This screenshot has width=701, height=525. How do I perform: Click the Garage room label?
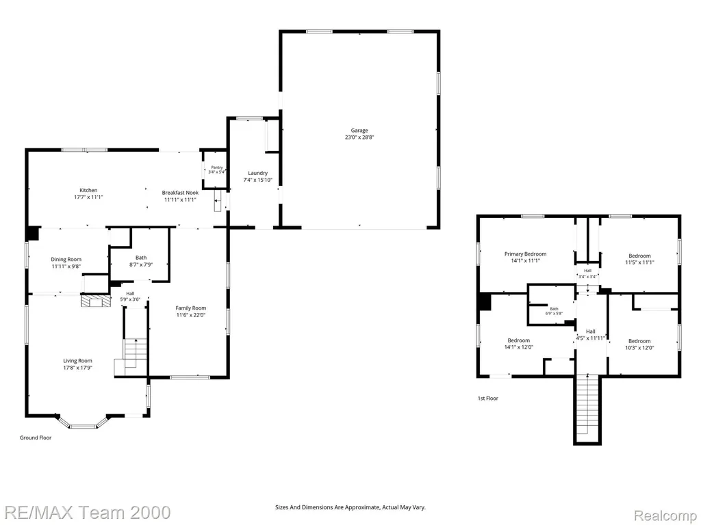pos(359,131)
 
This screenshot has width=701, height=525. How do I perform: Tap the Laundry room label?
pos(258,173)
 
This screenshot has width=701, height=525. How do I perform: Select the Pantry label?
pos(217,167)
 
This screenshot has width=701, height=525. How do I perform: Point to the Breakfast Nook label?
pos(180,192)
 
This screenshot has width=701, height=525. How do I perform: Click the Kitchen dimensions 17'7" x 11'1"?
pos(88,197)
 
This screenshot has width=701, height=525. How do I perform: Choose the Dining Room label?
pos(66,259)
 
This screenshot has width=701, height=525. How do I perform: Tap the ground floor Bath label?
pos(141,258)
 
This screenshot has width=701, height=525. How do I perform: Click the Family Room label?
pos(190,308)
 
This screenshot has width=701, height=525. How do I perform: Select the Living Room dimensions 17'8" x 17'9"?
pos(77,368)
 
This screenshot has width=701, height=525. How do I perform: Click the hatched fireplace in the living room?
pos(95,301)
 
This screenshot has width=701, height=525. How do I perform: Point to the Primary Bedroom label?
pos(525,254)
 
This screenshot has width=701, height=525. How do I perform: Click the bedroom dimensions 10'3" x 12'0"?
pos(639,348)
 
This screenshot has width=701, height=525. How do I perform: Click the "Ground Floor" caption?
pos(36,437)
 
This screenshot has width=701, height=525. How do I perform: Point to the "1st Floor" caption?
pos(487,399)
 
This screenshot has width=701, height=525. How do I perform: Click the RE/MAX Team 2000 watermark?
pos(85,513)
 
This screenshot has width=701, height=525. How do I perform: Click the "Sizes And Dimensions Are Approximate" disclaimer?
pos(327,508)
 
